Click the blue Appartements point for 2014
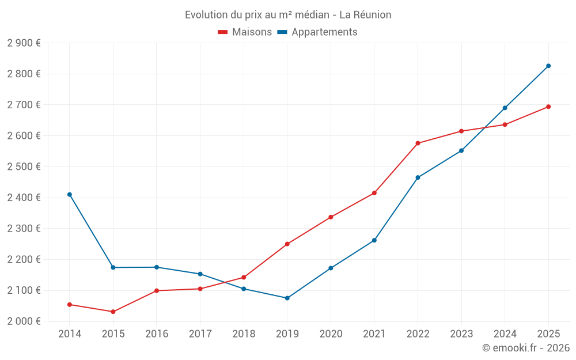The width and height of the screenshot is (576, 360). coord(70,195)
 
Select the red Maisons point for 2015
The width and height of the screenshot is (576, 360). coord(113,312)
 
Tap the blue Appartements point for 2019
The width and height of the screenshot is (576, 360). coord(287,298)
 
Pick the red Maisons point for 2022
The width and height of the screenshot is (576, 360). coord(418,143)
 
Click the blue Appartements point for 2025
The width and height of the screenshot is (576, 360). coord(548,66)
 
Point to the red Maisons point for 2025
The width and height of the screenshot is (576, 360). coord(548,107)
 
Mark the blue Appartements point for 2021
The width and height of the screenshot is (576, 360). coord(374,240)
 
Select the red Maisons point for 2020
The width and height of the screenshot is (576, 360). coord(331,217)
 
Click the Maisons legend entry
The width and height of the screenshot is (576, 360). coord(245,32)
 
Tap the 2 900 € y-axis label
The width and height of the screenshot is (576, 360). coord(24,43)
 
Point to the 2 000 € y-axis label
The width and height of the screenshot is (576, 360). coord(24,321)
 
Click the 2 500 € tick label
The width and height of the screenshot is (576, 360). coord(24,166)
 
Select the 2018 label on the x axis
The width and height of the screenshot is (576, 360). coord(244,334)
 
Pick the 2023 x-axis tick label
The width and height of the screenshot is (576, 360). coord(461,334)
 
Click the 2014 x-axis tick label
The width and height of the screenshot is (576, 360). coord(70,334)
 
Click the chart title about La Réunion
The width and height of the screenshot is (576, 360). coord(288,15)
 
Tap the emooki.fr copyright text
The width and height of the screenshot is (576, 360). coord(525,348)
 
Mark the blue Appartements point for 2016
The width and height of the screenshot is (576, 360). coord(157,267)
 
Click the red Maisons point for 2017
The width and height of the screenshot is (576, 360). coord(200,289)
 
